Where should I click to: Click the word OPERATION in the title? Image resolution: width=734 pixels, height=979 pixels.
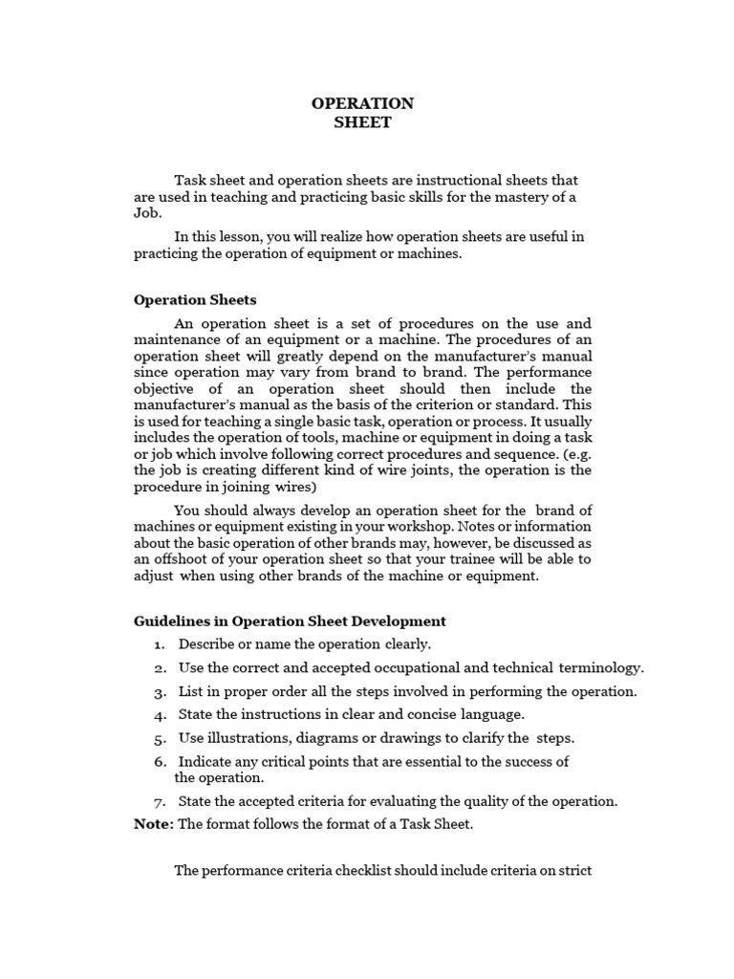tap(362, 103)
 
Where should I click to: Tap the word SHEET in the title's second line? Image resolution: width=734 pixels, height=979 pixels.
tap(362, 122)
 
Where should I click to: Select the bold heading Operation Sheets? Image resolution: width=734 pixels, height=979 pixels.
tap(195, 300)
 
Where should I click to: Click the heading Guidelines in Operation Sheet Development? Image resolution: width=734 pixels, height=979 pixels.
tap(290, 621)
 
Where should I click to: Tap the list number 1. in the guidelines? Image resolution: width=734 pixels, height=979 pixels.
tap(161, 644)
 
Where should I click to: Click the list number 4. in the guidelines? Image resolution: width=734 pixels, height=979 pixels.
tap(161, 714)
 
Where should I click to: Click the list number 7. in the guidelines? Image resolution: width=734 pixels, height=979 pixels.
tap(161, 801)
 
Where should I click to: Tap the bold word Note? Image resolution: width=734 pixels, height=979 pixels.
tap(154, 824)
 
